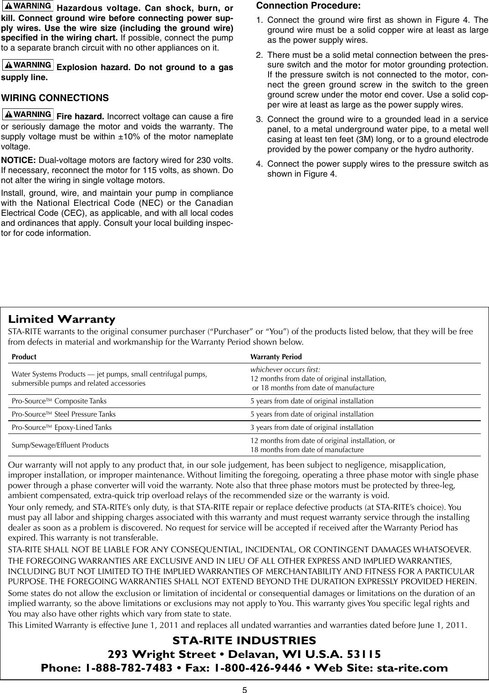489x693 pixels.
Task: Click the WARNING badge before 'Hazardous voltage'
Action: [28, 6]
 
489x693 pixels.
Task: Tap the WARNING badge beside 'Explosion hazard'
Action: [28, 66]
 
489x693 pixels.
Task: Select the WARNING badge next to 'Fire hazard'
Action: [28, 114]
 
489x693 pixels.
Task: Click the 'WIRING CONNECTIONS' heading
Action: [55, 98]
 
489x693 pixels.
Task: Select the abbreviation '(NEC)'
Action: [136, 203]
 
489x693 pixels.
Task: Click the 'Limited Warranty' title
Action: [62, 319]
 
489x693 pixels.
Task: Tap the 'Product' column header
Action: [24, 357]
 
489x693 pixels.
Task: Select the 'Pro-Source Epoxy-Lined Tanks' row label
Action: [61, 428]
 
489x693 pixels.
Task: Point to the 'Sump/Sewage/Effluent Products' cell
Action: [60, 445]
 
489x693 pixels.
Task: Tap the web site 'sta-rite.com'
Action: [411, 668]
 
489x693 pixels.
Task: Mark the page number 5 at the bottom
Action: [244, 689]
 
